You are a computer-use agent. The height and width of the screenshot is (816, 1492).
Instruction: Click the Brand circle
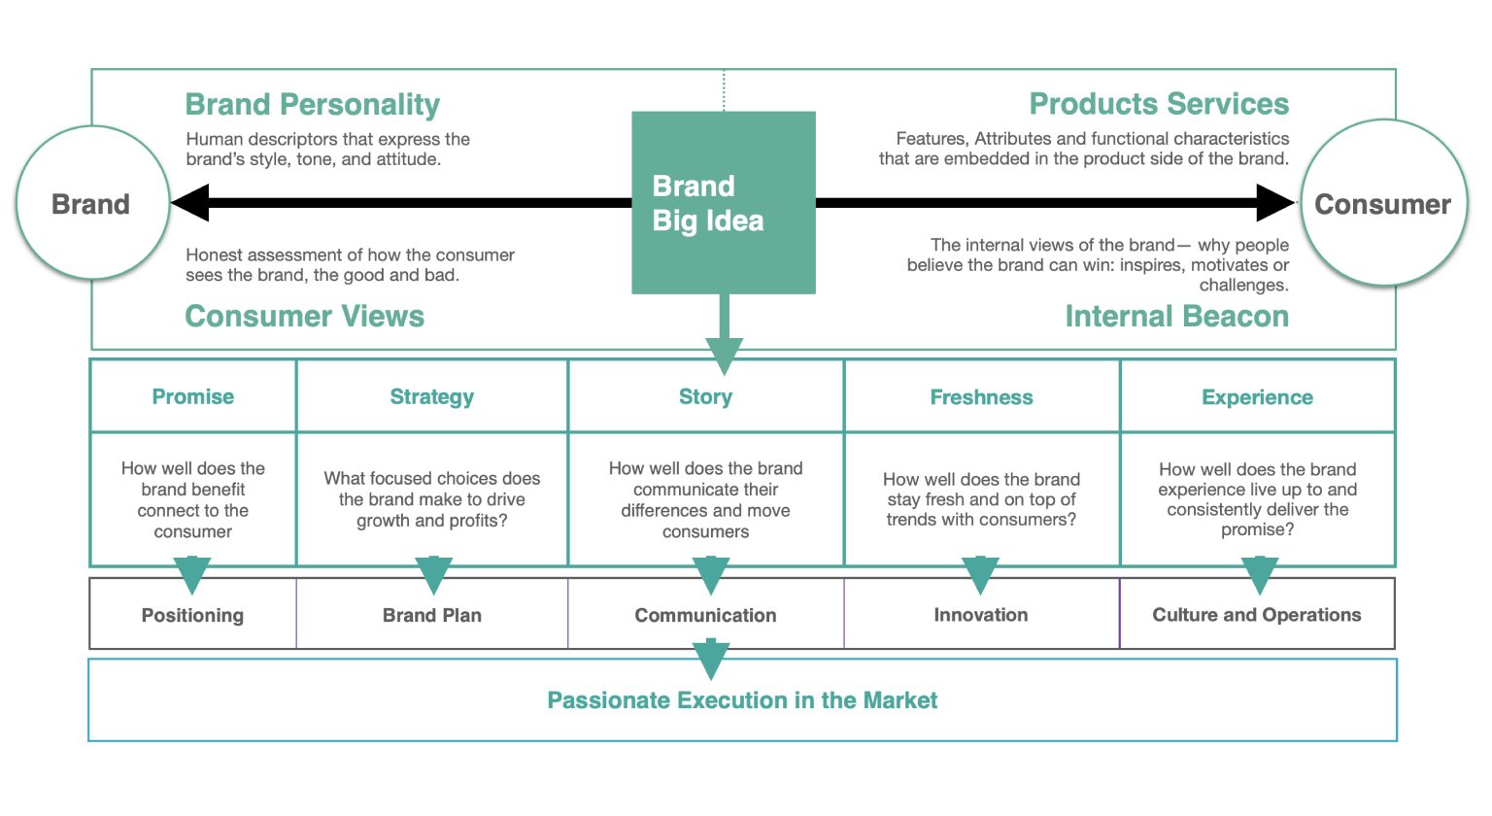pyautogui.click(x=91, y=204)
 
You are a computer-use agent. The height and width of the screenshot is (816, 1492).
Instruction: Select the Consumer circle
pyautogui.click(x=1382, y=204)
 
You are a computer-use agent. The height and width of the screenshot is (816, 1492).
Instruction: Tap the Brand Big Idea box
pyautogui.click(x=723, y=203)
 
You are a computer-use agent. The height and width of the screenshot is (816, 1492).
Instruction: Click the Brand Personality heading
pyautogui.click(x=312, y=104)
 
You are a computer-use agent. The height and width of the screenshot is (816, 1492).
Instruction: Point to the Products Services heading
pyautogui.click(x=1159, y=104)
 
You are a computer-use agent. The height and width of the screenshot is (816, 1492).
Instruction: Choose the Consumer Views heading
pyautogui.click(x=304, y=316)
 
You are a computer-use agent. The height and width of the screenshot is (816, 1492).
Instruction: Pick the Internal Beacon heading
pyautogui.click(x=1176, y=316)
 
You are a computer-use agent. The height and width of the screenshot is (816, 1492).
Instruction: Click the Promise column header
pyautogui.click(x=192, y=396)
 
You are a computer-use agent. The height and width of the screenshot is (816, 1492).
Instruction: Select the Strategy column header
pyautogui.click(x=431, y=396)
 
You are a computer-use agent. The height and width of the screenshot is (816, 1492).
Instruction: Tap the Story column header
pyautogui.click(x=705, y=396)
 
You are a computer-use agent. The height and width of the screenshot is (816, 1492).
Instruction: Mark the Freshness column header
pyautogui.click(x=981, y=397)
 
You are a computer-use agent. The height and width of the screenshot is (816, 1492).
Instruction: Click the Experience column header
pyautogui.click(x=1257, y=397)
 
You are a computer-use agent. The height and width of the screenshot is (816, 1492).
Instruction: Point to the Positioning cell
pyautogui.click(x=192, y=615)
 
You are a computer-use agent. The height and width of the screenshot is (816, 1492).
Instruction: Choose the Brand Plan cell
pyautogui.click(x=431, y=615)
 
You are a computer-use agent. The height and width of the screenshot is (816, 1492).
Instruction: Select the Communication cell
pyautogui.click(x=705, y=615)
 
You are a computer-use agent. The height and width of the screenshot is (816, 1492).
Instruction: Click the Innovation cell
pyautogui.click(x=981, y=615)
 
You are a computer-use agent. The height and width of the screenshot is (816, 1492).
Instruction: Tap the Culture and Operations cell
pyautogui.click(x=1257, y=615)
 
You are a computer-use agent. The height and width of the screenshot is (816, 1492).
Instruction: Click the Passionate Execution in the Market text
pyautogui.click(x=742, y=700)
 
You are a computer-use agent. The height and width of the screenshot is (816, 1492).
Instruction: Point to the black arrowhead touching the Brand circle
pyautogui.click(x=190, y=203)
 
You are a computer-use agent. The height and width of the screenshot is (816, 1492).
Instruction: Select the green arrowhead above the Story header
pyautogui.click(x=724, y=355)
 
